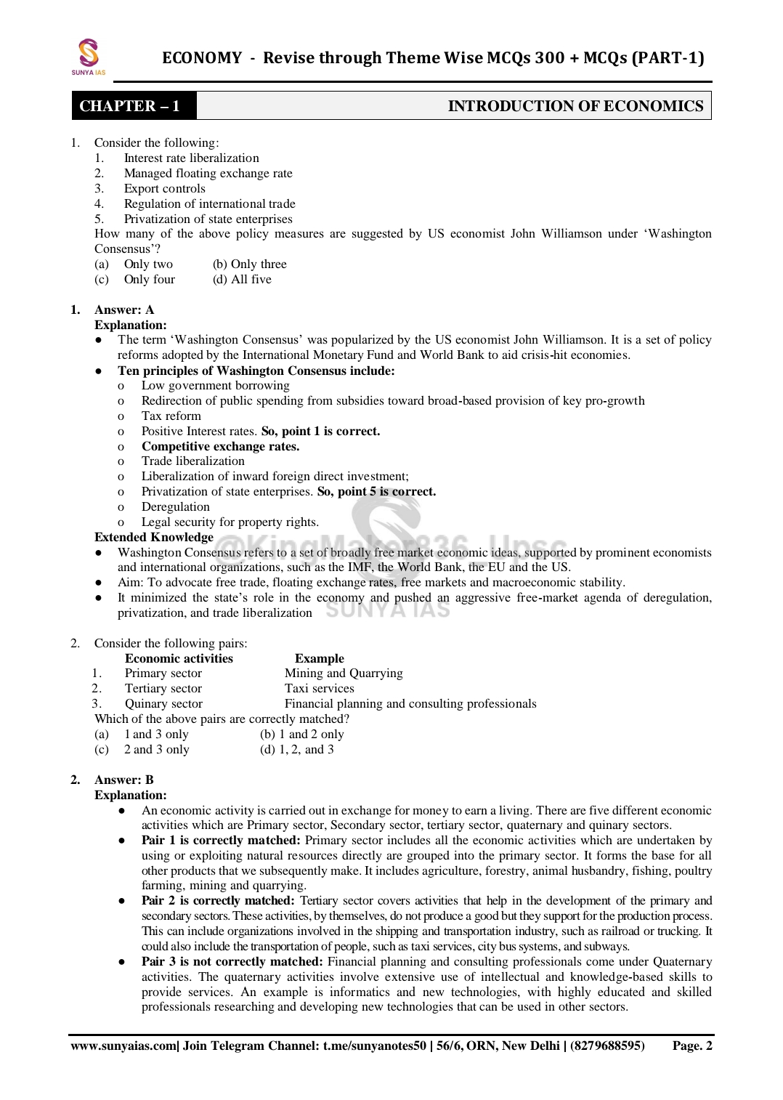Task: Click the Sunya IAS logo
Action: [88, 57]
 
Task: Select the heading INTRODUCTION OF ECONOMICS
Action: [575, 106]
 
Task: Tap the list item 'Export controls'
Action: [164, 188]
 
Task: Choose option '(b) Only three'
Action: [250, 264]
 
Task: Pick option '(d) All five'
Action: [242, 279]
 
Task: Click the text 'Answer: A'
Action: [123, 310]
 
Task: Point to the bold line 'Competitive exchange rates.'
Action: [220, 446]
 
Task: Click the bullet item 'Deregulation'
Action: [175, 506]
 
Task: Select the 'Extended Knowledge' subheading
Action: [154, 537]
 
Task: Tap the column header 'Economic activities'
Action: [179, 658]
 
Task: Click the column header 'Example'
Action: [319, 658]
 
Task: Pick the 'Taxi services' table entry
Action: [319, 688]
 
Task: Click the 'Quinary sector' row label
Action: [163, 703]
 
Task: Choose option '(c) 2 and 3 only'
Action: [142, 749]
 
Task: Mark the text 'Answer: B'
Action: [123, 780]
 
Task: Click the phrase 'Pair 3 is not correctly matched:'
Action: [232, 961]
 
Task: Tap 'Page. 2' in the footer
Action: [691, 1046]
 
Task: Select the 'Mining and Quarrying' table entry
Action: [344, 673]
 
